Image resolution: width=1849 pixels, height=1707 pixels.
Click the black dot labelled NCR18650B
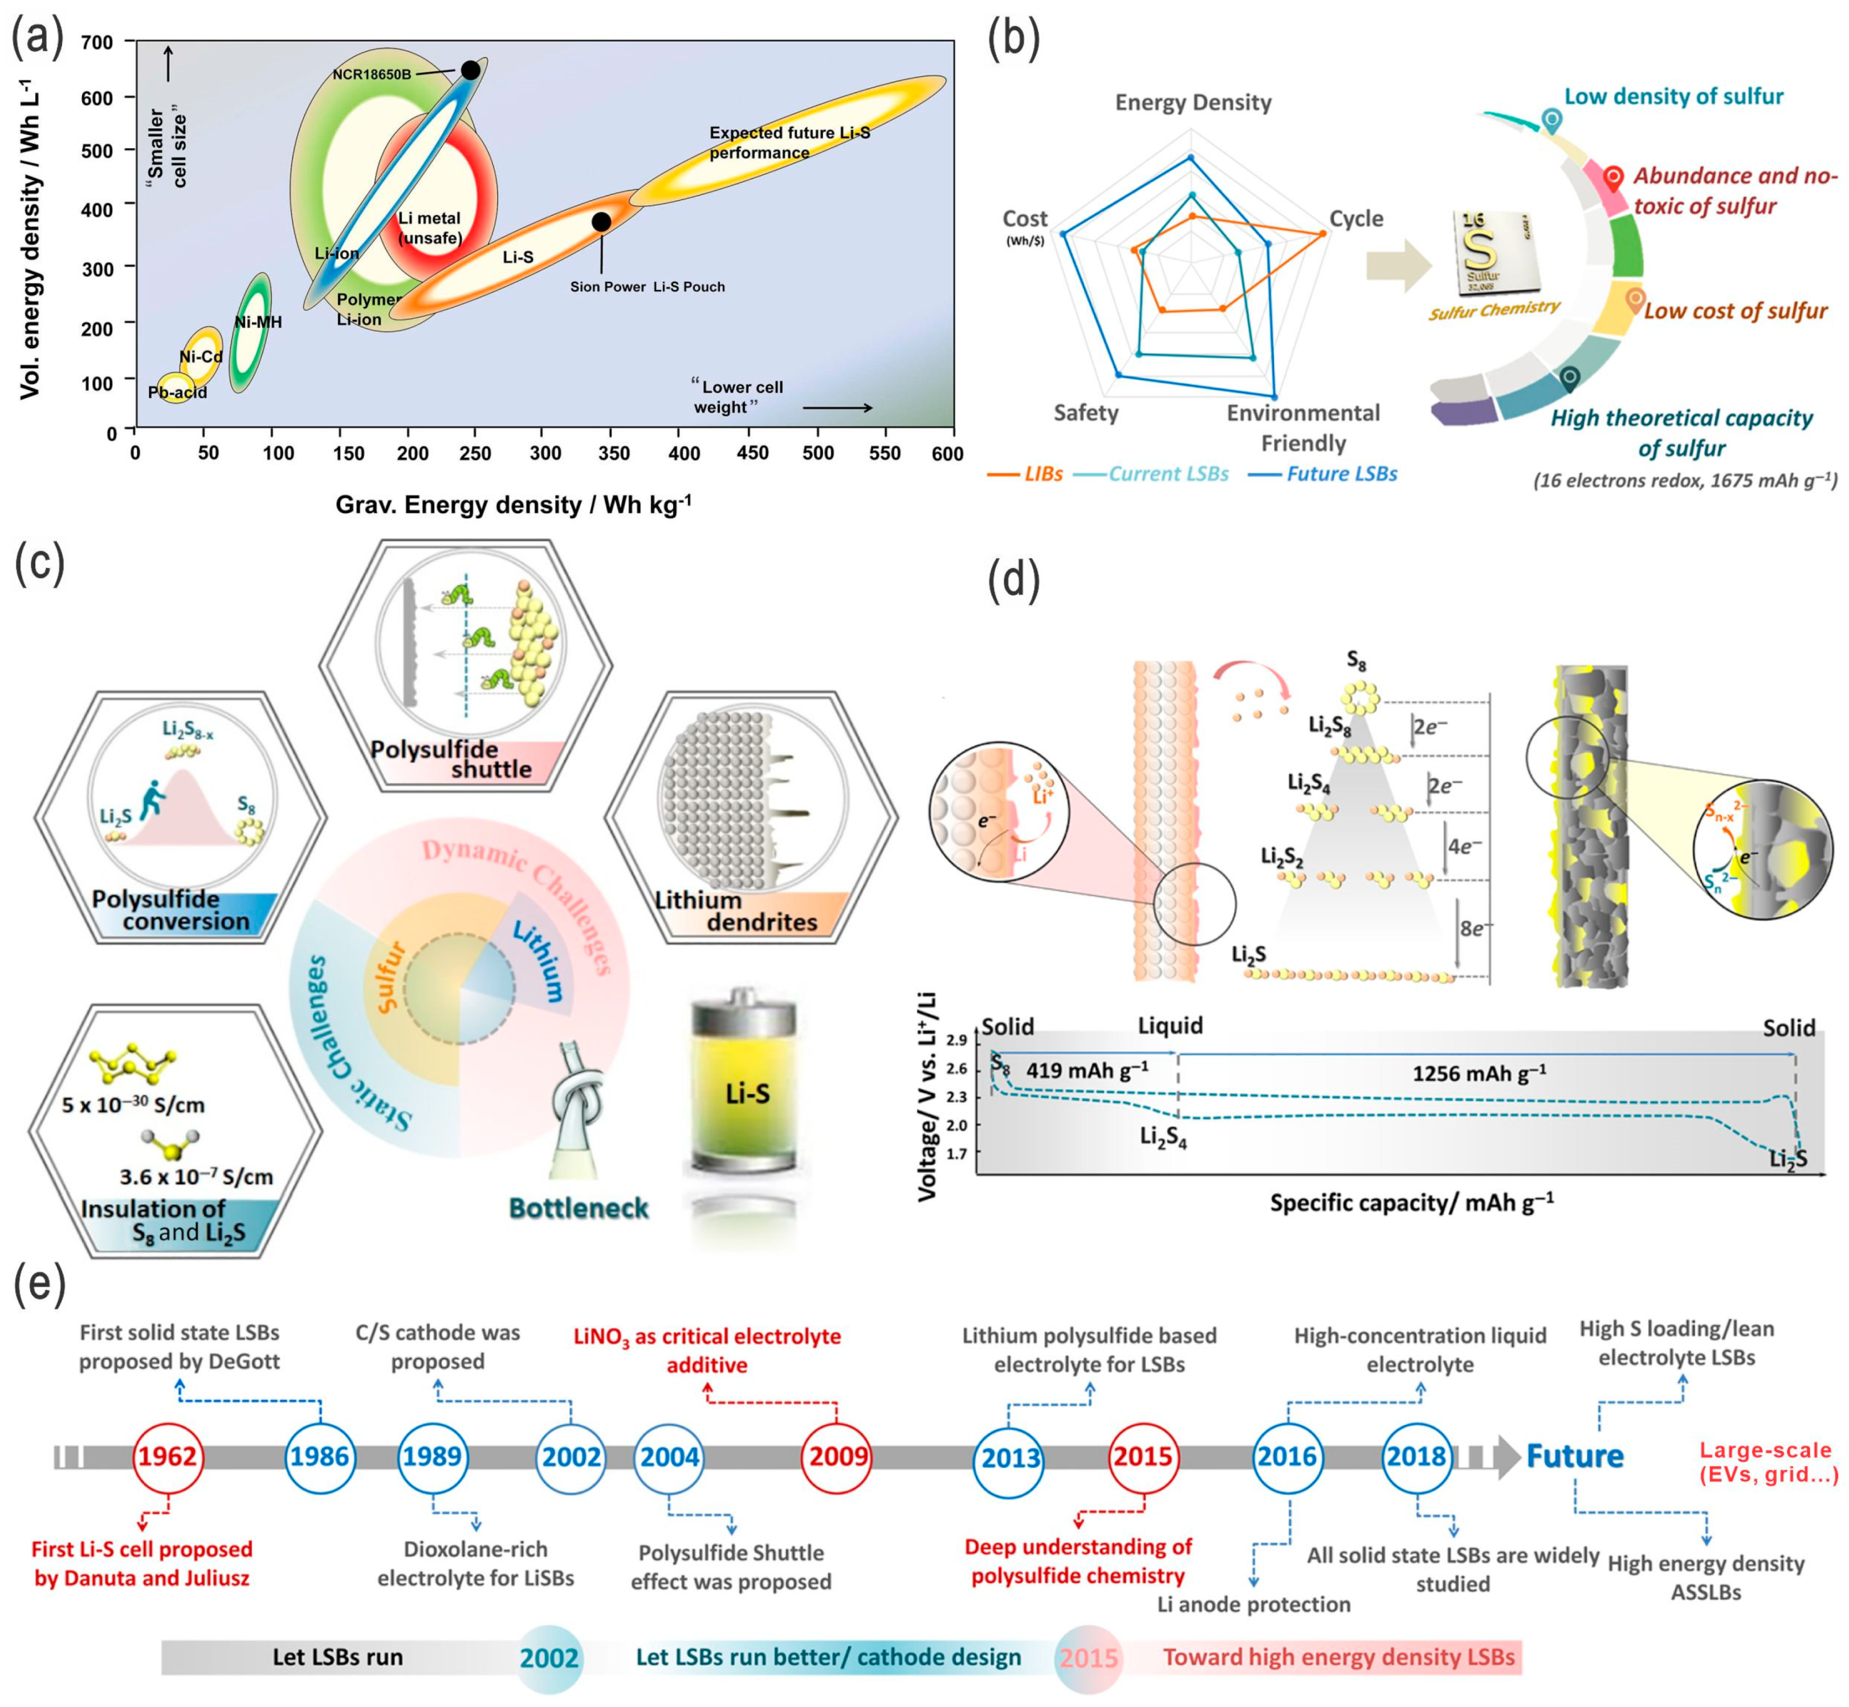(x=470, y=70)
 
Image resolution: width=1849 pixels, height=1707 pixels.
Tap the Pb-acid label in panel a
(x=177, y=393)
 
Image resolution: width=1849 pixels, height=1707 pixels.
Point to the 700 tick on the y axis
(x=97, y=43)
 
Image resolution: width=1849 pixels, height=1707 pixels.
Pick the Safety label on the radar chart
(x=1086, y=413)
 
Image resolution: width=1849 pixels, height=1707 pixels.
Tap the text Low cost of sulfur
(x=1734, y=311)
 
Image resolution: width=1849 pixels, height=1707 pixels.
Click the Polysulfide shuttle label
(x=451, y=759)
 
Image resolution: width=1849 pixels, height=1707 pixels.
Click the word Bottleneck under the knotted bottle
(x=579, y=1208)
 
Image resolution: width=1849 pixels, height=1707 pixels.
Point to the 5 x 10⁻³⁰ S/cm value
(x=133, y=1105)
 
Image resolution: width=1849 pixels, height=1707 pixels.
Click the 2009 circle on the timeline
(x=838, y=1457)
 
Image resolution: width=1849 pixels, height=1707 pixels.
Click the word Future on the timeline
(x=1575, y=1457)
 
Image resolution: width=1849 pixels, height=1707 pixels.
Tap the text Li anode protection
(x=1253, y=1604)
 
